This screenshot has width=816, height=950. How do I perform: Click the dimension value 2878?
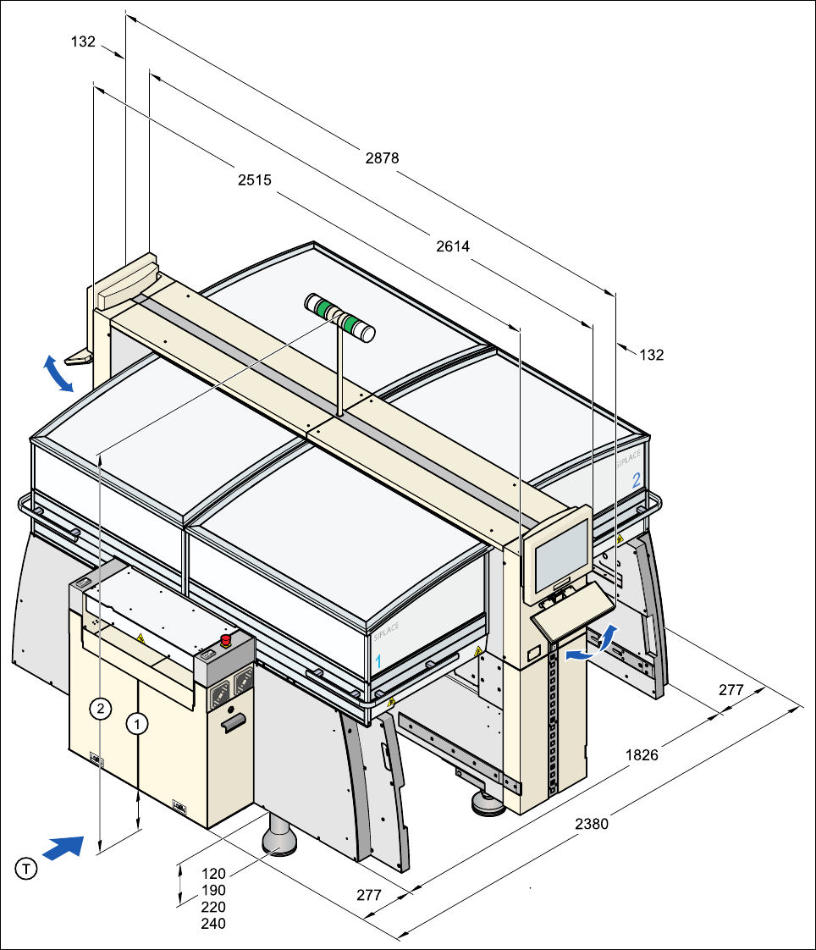point(382,157)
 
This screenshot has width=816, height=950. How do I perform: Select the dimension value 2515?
point(254,180)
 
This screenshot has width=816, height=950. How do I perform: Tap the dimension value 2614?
point(453,246)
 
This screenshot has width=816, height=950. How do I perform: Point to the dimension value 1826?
point(642,754)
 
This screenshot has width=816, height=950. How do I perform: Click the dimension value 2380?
point(591,822)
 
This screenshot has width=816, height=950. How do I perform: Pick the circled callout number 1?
point(137,723)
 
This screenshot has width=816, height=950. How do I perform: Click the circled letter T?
point(27,868)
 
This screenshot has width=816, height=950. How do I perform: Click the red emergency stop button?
point(226,639)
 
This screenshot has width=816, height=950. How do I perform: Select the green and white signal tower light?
point(339,318)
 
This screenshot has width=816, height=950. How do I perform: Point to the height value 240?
point(213,924)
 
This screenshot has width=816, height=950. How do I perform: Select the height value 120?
point(213,873)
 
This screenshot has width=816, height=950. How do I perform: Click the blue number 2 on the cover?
point(636,478)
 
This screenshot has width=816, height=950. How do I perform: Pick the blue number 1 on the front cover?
point(378,660)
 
